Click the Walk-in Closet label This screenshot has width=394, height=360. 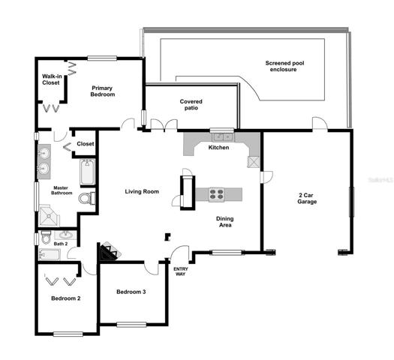point(52,79)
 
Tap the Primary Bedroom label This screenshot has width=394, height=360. point(103,91)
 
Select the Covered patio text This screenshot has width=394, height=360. point(191,105)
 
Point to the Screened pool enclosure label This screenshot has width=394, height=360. point(284,66)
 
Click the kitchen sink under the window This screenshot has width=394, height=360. point(222,137)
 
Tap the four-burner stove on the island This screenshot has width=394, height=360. point(216,194)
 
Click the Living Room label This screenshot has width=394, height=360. point(142,191)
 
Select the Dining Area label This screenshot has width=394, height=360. point(225,222)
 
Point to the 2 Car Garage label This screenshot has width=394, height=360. point(307,198)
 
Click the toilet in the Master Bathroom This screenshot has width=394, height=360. point(87,198)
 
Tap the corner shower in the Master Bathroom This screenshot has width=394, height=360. point(50,215)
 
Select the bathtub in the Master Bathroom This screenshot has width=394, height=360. point(88,172)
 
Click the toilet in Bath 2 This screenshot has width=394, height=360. point(46,237)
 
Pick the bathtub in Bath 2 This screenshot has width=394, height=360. point(50,254)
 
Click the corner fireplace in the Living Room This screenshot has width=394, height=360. point(110,251)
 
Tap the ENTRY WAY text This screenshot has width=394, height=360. point(181,271)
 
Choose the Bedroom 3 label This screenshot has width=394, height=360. point(131,292)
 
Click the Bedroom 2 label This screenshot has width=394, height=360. point(66,298)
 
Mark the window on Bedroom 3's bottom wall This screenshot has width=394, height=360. point(131,325)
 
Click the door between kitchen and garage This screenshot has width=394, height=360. point(266,177)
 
